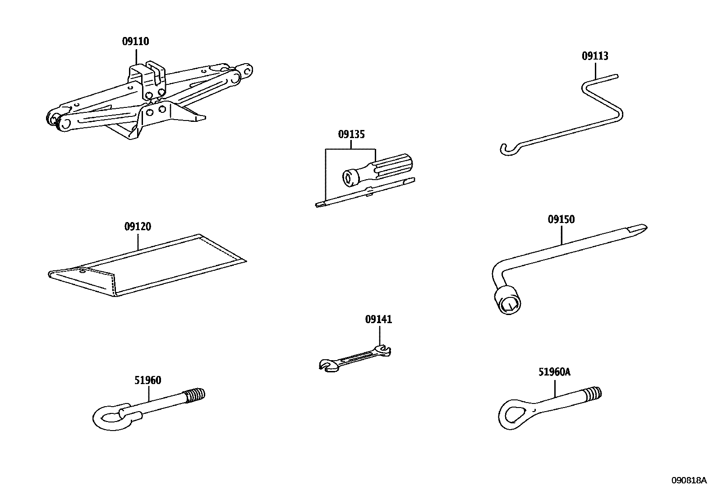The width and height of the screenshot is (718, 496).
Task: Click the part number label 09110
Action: click(135, 42)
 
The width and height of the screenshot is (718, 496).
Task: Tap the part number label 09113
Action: click(594, 56)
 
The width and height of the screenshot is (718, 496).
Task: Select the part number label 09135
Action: click(351, 134)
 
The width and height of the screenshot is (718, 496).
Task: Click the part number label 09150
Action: click(561, 220)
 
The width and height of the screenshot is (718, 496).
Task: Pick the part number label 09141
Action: click(378, 320)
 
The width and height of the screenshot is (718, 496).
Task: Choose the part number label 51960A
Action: click(554, 372)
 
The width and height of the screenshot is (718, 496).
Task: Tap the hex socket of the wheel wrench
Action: click(508, 303)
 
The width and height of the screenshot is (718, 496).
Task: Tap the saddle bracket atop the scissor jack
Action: click(147, 72)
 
